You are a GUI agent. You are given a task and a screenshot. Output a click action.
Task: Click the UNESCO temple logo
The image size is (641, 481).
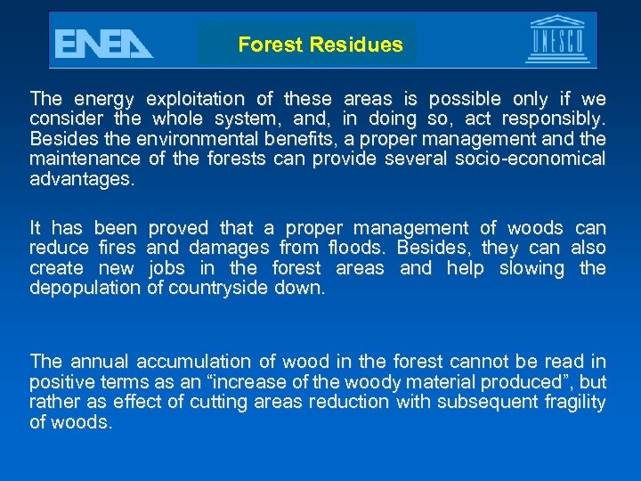(556, 40)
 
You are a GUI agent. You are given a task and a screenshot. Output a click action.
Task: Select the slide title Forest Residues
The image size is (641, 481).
(320, 45)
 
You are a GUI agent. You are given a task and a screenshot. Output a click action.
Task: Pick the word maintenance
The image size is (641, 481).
(85, 159)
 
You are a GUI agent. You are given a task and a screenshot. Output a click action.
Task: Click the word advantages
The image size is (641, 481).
(82, 180)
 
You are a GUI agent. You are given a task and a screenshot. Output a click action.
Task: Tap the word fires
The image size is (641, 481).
(116, 249)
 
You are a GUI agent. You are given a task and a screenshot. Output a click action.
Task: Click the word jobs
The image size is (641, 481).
(168, 268)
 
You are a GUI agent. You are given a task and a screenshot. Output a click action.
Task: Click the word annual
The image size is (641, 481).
(98, 362)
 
